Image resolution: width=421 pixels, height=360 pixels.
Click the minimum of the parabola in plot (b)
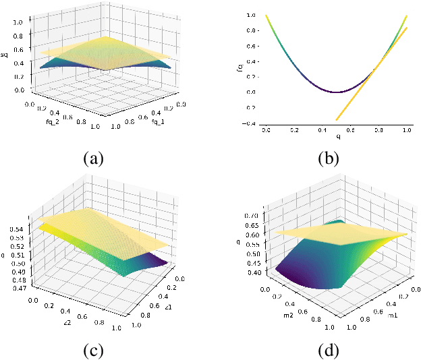coord(337,92)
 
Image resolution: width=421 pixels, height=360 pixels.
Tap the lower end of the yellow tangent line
coord(336,119)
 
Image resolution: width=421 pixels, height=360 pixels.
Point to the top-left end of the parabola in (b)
coord(266,15)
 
